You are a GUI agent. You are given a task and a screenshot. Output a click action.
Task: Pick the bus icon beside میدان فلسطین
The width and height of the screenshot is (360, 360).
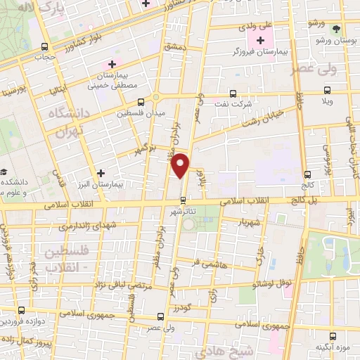(x=141, y=102)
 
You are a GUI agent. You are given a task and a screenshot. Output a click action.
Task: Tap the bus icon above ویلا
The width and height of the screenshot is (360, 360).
(x=326, y=90)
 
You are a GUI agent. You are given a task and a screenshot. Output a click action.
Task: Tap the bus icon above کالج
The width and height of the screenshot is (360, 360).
(x=307, y=174)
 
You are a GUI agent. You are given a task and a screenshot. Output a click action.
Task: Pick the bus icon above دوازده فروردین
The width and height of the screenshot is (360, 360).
(x=21, y=310)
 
